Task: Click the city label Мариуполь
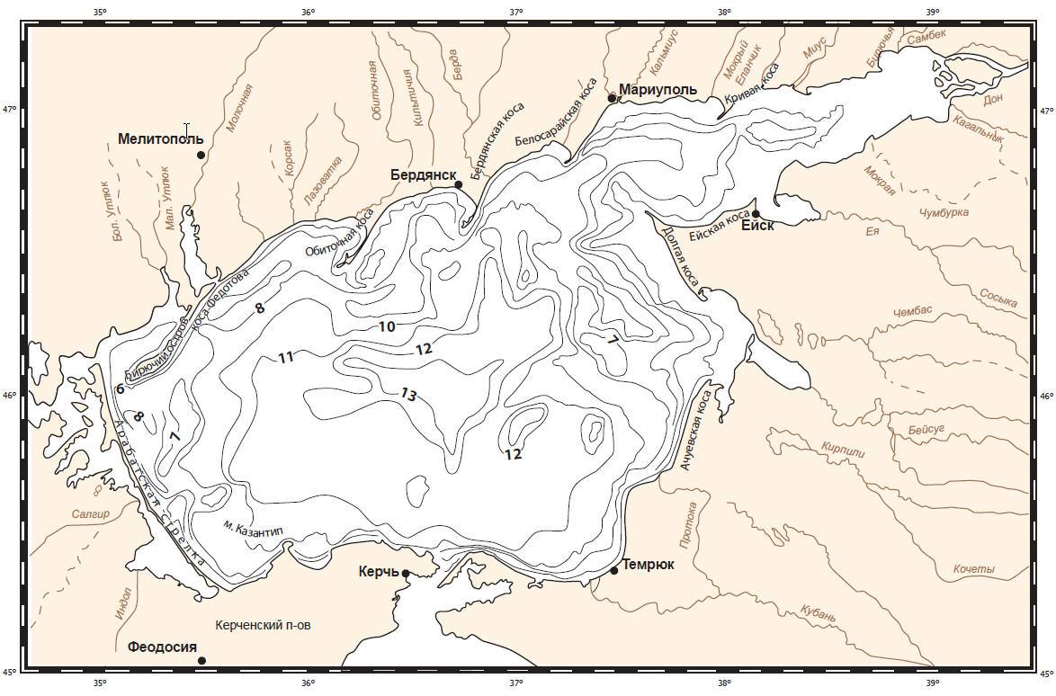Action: [x=658, y=91]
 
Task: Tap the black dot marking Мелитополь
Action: [x=201, y=155]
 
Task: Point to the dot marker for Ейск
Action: [x=756, y=213]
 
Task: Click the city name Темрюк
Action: [x=649, y=565]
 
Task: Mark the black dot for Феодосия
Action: [x=201, y=660]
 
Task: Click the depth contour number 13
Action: [x=408, y=394]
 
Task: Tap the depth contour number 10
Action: [x=387, y=326]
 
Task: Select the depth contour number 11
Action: [x=286, y=358]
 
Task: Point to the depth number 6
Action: [x=120, y=388]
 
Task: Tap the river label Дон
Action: [x=993, y=100]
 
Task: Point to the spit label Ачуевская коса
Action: [x=695, y=431]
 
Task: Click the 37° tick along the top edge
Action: [x=515, y=12]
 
